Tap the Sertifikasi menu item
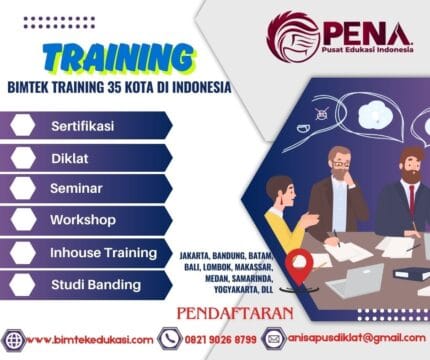83,127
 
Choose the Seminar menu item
77,189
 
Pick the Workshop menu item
83,220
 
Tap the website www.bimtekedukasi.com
89,340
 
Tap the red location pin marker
298,264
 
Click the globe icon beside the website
14,340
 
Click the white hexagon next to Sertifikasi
24,127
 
